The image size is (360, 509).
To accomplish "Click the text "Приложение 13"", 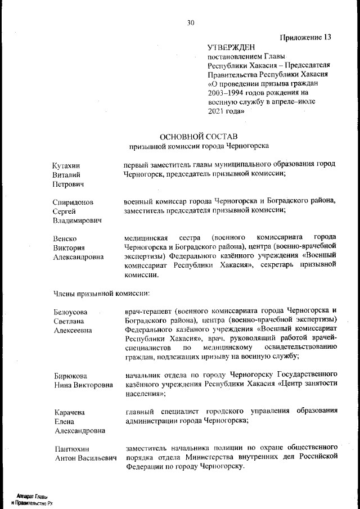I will tap(305, 38).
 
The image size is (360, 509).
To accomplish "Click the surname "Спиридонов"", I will tap(73, 202).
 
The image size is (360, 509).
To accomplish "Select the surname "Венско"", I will tap(65, 238).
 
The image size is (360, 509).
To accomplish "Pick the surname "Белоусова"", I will tap(70, 312).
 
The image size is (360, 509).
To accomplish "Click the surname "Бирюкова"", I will tap(70, 375).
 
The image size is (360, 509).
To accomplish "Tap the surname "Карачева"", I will tap(69, 412).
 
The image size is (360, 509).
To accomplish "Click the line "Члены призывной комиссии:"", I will tap(101, 293).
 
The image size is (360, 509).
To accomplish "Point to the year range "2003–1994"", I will tap(227, 92).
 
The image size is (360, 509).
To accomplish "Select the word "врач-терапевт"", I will tap(147, 311).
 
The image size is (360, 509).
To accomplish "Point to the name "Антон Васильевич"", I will tap(85, 458).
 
